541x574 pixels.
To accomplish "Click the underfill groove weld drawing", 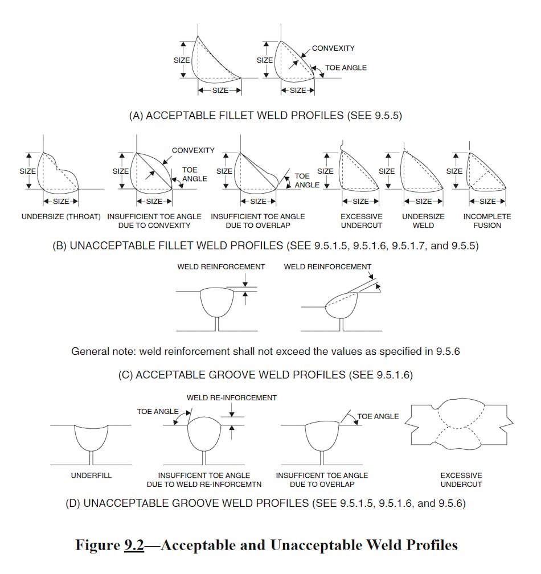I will click(x=91, y=441).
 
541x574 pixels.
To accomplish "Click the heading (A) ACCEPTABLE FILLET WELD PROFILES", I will click(x=265, y=115).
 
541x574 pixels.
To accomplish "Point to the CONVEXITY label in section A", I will click(x=333, y=48).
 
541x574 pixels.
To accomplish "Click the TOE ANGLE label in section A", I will click(x=346, y=68).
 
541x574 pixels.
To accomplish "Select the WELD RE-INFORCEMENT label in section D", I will click(x=231, y=397).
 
